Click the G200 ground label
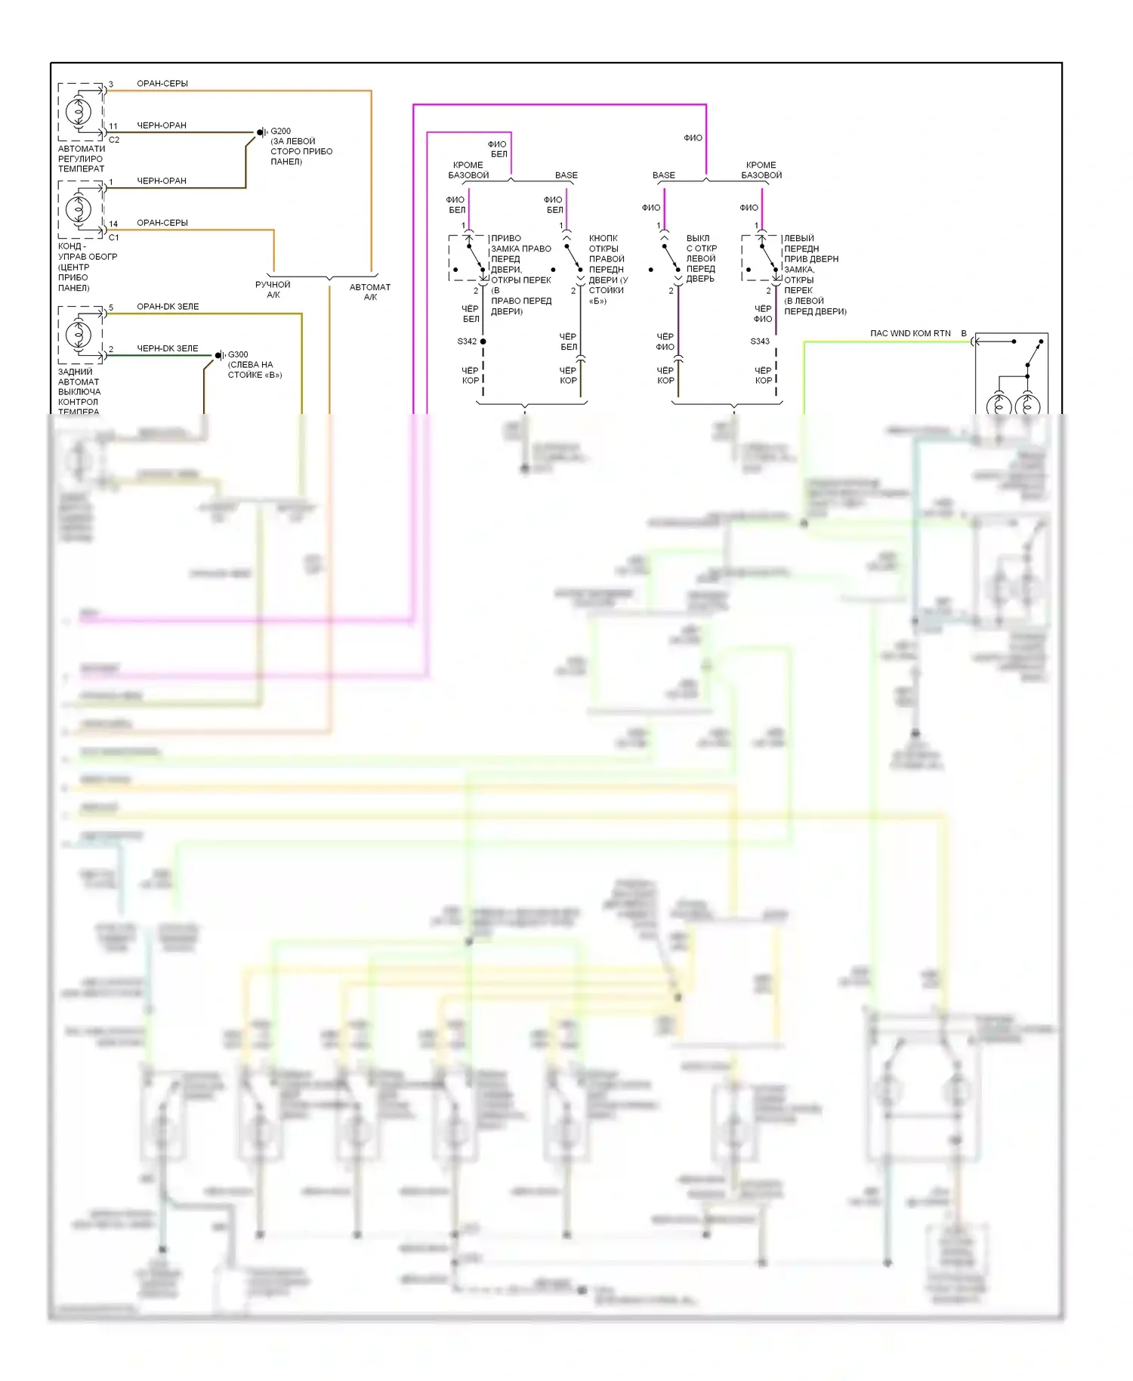coord(280,131)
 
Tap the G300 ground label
coord(238,354)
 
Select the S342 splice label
coord(467,341)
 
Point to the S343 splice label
coord(760,341)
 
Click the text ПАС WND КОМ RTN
coord(909,333)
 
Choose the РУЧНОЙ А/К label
coord(273,289)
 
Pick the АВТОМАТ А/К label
coord(370,292)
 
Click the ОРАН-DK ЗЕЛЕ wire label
coord(168,307)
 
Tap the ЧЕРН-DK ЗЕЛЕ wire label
coord(167,348)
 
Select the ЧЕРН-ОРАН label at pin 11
coord(161,125)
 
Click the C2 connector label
coord(114,140)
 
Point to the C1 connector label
coord(114,237)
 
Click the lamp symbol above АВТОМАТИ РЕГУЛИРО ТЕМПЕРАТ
coord(79,112)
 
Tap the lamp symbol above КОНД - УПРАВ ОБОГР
coord(79,209)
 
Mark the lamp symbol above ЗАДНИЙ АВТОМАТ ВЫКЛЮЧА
coord(79,334)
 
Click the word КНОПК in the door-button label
coord(603,238)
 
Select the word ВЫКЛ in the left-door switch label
coord(698,238)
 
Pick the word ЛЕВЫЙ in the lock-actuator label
coord(799,238)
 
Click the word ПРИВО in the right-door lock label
coord(506,238)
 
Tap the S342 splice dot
coord(483,341)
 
